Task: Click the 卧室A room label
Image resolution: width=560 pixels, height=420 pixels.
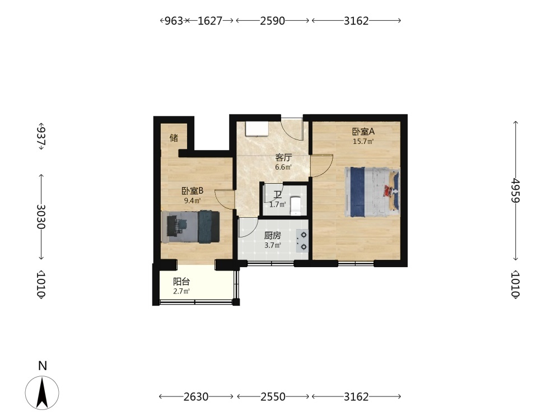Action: click(363, 132)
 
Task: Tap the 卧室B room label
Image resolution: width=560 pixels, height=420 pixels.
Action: click(192, 191)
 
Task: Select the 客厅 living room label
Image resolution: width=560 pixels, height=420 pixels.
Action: click(283, 157)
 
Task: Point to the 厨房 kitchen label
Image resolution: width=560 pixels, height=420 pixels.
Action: click(273, 236)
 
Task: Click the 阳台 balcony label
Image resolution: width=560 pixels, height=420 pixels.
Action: click(181, 282)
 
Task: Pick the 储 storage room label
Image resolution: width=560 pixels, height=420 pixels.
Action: click(174, 138)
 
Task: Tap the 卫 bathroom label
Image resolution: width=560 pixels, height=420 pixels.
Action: click(278, 195)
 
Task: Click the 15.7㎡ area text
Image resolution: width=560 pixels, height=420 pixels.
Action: click(363, 142)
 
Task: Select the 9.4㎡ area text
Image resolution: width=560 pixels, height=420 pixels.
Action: click(192, 200)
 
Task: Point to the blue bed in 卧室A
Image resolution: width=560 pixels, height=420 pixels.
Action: click(372, 192)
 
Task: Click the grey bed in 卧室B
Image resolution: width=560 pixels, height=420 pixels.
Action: click(190, 227)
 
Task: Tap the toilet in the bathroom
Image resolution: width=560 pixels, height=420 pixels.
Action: click(296, 206)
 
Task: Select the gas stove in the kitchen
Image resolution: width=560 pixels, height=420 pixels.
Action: click(302, 241)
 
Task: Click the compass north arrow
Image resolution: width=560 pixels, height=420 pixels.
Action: click(42, 393)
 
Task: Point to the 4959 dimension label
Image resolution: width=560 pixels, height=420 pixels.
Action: click(515, 190)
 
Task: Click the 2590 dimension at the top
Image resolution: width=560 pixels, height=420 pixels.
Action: click(272, 21)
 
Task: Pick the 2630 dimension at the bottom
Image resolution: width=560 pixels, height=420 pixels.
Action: click(195, 396)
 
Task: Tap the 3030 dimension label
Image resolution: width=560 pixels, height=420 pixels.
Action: click(41, 217)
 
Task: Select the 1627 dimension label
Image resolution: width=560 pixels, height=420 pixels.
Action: click(210, 21)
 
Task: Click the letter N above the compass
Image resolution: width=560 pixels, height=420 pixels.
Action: click(43, 366)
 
